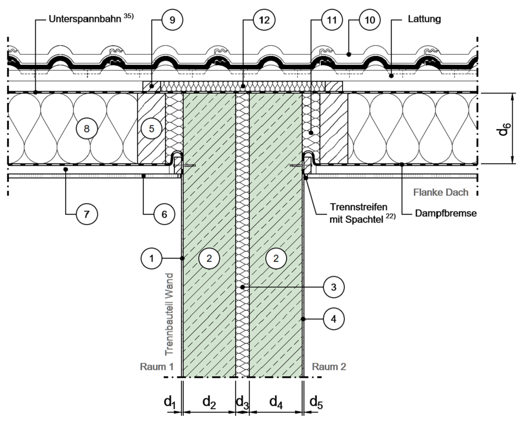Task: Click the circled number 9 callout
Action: tap(172, 20)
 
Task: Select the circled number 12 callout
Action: tap(264, 20)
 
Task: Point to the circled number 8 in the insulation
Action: tap(86, 129)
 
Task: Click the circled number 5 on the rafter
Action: tap(151, 129)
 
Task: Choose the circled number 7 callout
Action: tap(87, 214)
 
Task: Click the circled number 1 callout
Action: tap(151, 257)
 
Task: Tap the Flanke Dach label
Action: tap(441, 193)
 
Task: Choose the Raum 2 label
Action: tap(329, 367)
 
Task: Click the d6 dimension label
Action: tap(506, 129)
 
